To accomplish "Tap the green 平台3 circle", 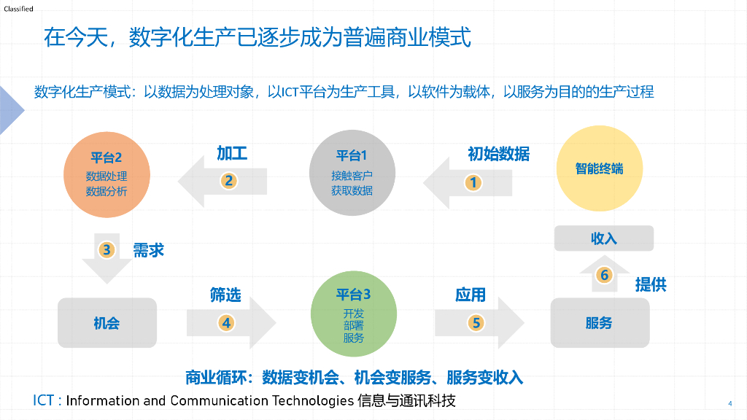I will (353, 317).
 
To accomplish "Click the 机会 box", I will (107, 322).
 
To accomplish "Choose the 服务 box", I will (599, 322).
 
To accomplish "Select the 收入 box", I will (604, 238).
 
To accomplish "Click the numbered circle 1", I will (473, 182).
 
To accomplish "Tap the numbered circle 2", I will (228, 181).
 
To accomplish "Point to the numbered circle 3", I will (107, 250).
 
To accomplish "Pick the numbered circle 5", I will (476, 322).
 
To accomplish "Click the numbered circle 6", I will (604, 275).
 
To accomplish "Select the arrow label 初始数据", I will (498, 154).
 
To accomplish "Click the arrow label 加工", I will (232, 153).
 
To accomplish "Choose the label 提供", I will (651, 284).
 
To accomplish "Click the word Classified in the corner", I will (18, 9).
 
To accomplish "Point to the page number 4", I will (730, 403).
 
